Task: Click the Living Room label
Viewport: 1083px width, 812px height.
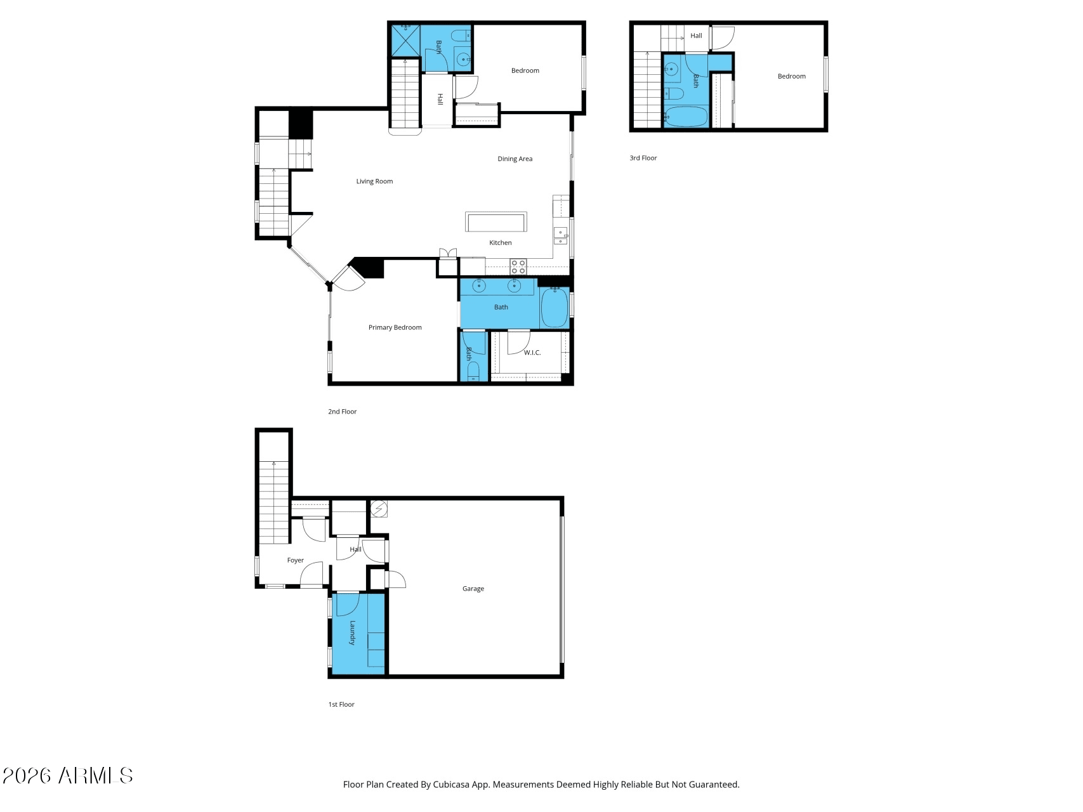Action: coord(374,181)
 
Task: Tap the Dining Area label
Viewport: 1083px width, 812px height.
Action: coord(515,159)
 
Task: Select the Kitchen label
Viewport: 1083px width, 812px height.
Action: coord(501,243)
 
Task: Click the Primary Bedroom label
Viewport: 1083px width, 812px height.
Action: coord(395,328)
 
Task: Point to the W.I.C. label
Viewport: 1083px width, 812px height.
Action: coord(532,353)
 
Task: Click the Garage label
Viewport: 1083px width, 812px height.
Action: coord(473,589)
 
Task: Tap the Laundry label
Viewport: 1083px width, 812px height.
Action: coord(352,632)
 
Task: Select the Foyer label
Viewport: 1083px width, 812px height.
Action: coord(296,561)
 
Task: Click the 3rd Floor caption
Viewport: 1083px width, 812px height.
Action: coord(643,159)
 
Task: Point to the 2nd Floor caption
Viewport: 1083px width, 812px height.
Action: coord(343,412)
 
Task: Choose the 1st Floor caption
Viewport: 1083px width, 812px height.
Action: coord(341,705)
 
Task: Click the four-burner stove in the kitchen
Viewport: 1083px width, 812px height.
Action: coord(518,267)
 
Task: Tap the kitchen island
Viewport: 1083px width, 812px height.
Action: coord(496,222)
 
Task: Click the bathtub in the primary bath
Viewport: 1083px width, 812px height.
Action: coord(555,308)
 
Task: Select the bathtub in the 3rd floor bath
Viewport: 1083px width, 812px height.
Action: coord(686,117)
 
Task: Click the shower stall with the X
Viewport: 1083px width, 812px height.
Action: coord(405,40)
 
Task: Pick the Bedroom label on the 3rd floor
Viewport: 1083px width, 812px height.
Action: coord(792,77)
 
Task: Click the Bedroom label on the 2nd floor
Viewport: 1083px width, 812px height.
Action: coord(525,71)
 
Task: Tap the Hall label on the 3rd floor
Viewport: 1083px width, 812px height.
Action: coord(696,36)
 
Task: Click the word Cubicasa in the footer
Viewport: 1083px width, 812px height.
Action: coord(452,785)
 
